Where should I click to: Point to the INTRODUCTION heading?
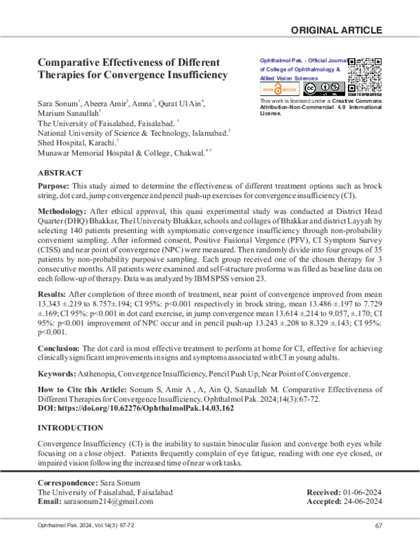pyautogui.click(x=70, y=428)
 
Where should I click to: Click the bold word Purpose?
pyautogui.click(x=53, y=187)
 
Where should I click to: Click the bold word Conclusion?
pyautogui.click(x=59, y=348)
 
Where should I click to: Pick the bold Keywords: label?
pyautogui.click(x=57, y=374)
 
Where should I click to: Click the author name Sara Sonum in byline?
pyautogui.click(x=57, y=104)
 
